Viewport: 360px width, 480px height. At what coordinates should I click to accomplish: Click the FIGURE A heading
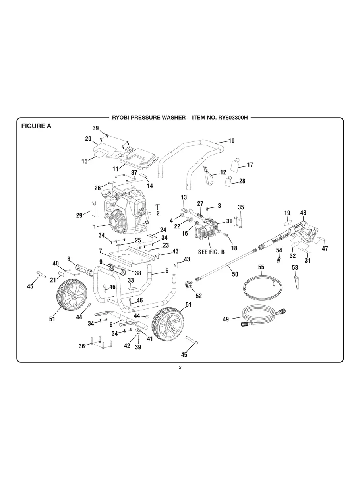click(36, 127)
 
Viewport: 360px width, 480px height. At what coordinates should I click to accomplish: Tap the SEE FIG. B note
click(211, 252)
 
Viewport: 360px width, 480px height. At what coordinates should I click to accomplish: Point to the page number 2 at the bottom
click(180, 367)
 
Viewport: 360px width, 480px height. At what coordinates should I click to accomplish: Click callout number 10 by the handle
click(231, 141)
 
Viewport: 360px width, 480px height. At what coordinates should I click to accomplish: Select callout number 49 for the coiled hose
click(226, 319)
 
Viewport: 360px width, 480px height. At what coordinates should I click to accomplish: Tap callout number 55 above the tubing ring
click(261, 267)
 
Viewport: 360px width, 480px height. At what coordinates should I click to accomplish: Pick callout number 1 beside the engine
click(95, 226)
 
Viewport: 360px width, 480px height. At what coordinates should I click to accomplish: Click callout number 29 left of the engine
click(79, 215)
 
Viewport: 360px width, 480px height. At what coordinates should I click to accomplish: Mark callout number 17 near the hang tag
click(250, 165)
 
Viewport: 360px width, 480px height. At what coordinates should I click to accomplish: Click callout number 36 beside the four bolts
click(82, 346)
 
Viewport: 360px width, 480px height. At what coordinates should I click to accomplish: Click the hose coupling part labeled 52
click(187, 285)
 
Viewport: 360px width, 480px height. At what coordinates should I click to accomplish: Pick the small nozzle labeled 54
click(279, 259)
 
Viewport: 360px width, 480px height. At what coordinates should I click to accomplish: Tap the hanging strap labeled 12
click(208, 176)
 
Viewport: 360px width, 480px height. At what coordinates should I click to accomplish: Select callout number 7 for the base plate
click(101, 251)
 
